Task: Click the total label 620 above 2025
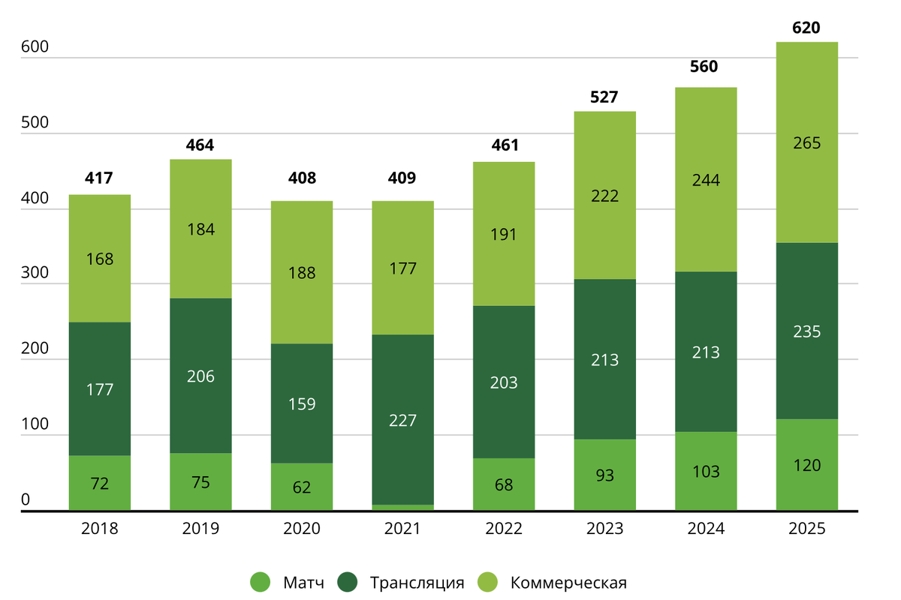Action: (806, 28)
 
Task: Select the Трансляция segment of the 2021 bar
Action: (402, 419)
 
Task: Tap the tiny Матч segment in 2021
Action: (402, 508)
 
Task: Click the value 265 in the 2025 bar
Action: (806, 142)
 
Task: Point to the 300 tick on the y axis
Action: (35, 274)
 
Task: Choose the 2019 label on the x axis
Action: (200, 529)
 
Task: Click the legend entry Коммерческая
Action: (568, 583)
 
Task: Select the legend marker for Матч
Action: (260, 582)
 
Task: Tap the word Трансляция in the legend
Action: (417, 583)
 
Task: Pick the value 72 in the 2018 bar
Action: (100, 484)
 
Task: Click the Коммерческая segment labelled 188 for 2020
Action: (302, 272)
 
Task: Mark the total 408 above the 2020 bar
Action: (302, 178)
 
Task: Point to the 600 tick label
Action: (35, 46)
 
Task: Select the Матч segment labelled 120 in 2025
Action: (806, 465)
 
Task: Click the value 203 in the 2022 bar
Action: (504, 382)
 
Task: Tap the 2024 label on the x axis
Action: (706, 529)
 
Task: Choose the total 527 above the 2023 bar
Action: (605, 97)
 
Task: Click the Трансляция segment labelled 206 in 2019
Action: (200, 376)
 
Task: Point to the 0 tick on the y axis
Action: (25, 499)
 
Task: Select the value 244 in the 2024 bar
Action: (706, 180)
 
